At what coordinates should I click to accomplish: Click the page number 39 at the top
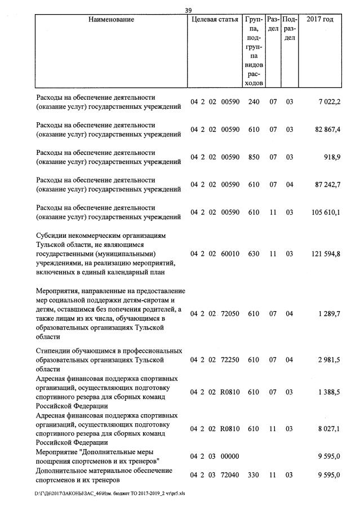(189, 10)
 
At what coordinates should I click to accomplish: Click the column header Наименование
(111, 20)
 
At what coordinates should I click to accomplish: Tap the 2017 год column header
(319, 20)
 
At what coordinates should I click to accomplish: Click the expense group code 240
(254, 101)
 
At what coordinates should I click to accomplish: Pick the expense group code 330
(254, 475)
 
